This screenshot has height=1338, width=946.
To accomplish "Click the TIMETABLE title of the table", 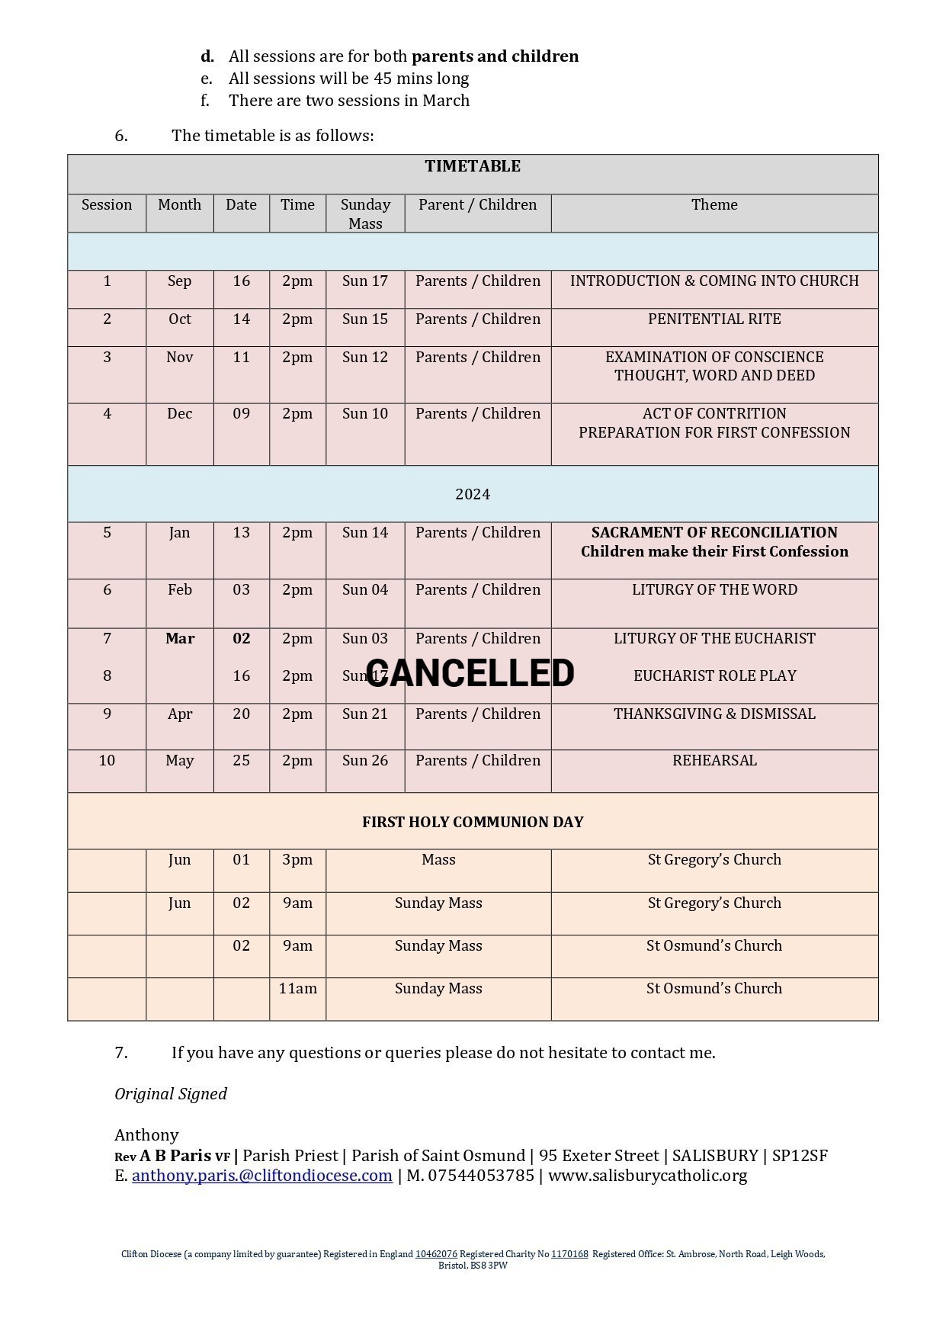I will tap(473, 166).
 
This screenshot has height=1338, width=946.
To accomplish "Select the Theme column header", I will tap(714, 204).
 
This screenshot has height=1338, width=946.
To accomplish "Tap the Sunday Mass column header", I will tap(365, 213).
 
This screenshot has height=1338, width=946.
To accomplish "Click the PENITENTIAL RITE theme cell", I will tap(714, 319).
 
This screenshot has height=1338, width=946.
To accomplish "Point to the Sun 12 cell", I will tap(365, 357).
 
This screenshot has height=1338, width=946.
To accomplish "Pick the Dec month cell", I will tap(179, 413).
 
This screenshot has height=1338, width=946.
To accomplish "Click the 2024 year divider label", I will tap(473, 494).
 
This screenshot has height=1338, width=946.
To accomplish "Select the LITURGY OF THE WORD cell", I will tap(714, 589).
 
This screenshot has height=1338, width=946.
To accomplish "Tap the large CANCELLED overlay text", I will tap(470, 673).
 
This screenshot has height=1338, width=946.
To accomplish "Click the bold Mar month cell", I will tap(180, 638).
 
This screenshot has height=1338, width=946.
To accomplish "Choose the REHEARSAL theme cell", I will tap(714, 760).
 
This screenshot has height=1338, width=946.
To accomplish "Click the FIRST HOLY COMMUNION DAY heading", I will tap(473, 822).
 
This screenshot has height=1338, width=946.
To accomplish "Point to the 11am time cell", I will tap(297, 988).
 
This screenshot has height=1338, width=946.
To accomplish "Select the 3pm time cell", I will tap(297, 859).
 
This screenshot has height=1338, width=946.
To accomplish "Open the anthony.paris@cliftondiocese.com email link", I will tap(262, 1175).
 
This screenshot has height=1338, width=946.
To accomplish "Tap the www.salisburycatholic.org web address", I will tap(647, 1175).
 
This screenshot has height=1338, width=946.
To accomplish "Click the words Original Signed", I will tap(171, 1093).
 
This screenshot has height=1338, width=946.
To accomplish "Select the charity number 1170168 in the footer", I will tap(569, 1254).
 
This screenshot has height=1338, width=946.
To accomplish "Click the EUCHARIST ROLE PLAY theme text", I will tap(714, 675).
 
